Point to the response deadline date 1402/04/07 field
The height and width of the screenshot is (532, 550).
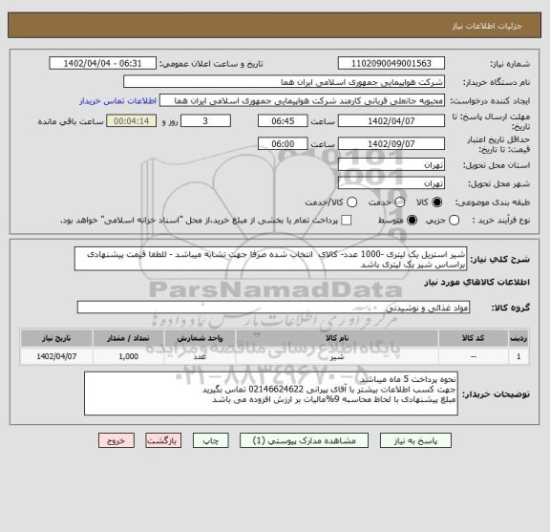click(x=391, y=122)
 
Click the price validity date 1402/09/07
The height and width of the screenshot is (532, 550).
click(x=391, y=143)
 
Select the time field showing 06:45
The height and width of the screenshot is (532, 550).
click(x=282, y=122)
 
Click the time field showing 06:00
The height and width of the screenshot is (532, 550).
click(x=282, y=143)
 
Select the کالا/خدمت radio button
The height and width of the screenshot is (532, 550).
click(x=352, y=202)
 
